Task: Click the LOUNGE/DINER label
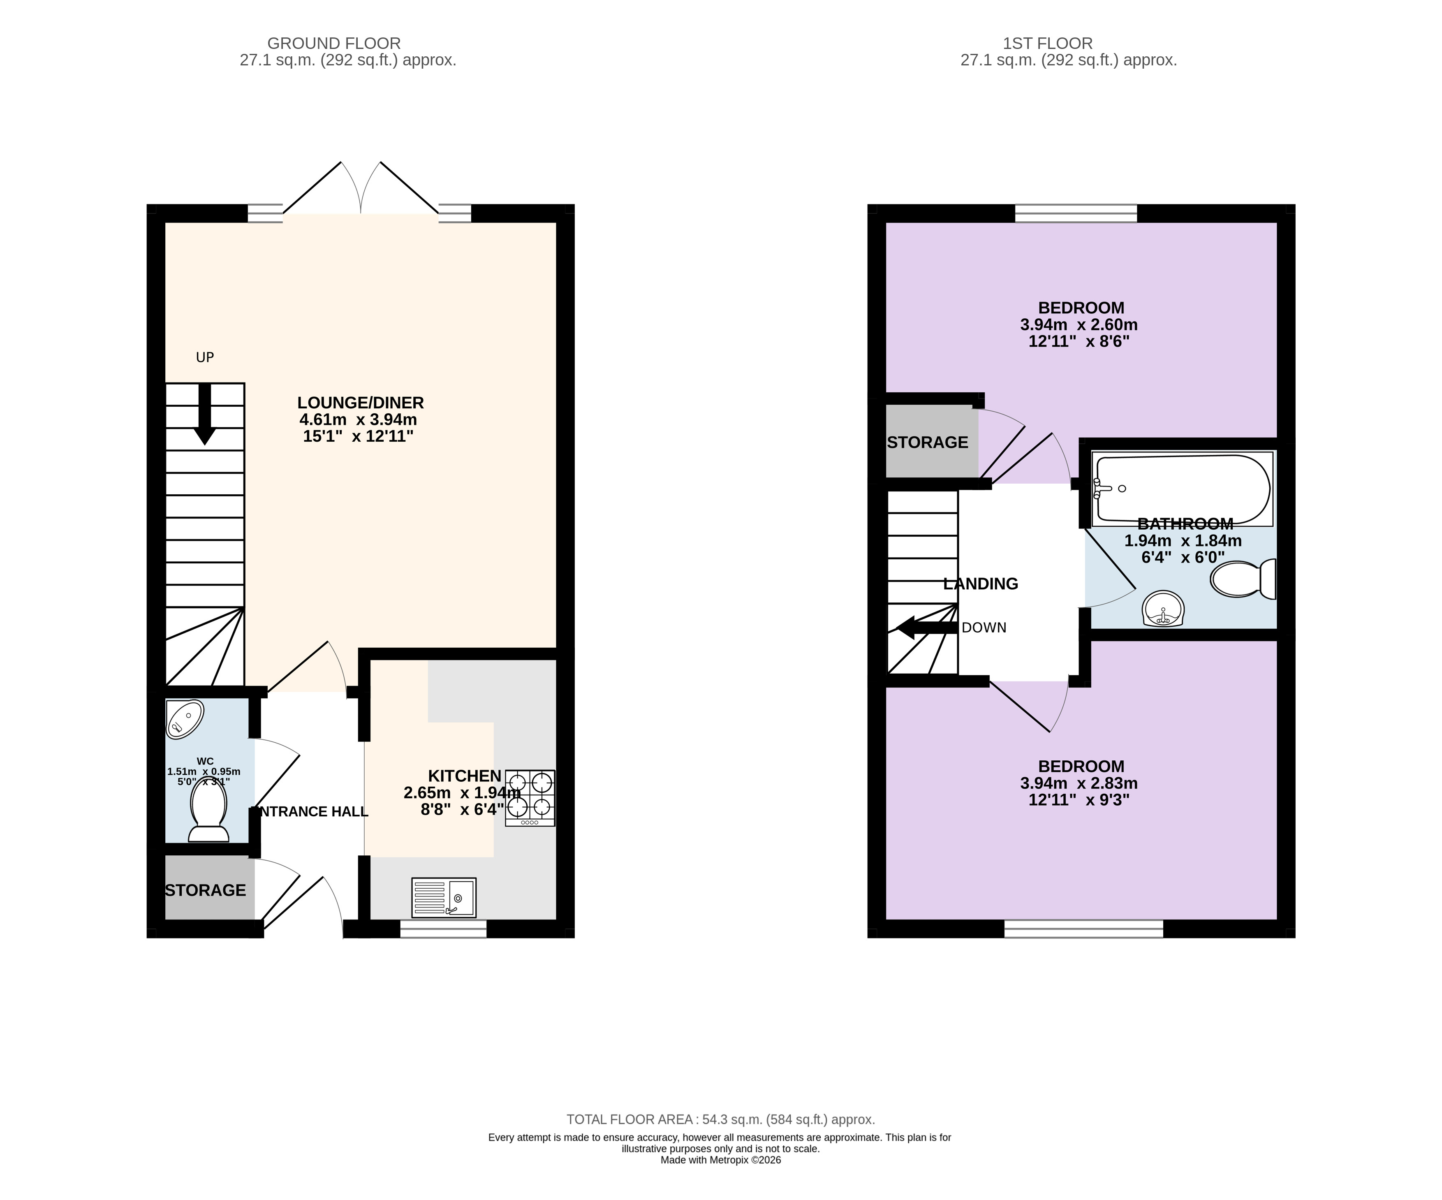pyautogui.click(x=361, y=403)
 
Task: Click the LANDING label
pyautogui.click(x=981, y=584)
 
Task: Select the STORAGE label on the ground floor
pyautogui.click(x=205, y=890)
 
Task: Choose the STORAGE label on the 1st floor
pyautogui.click(x=928, y=442)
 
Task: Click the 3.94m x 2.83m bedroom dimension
pyautogui.click(x=1079, y=783)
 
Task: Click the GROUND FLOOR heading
pyautogui.click(x=334, y=43)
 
